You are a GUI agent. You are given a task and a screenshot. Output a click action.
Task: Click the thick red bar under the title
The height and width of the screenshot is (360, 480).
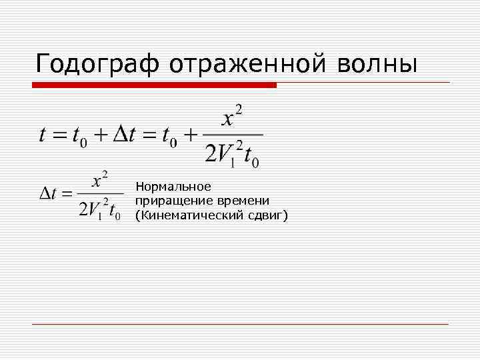(154, 85)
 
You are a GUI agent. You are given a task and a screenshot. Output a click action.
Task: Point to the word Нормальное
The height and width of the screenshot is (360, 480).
(173, 186)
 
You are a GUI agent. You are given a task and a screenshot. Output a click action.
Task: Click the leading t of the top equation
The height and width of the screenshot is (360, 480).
(43, 135)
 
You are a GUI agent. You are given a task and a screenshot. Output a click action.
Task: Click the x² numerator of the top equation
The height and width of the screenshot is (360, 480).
(232, 118)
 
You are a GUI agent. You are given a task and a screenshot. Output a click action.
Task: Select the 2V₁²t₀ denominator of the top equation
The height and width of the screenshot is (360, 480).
(231, 155)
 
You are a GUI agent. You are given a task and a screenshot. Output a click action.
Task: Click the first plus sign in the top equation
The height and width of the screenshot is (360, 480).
(99, 136)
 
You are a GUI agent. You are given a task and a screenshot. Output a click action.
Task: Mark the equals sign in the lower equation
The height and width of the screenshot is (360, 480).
(66, 195)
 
